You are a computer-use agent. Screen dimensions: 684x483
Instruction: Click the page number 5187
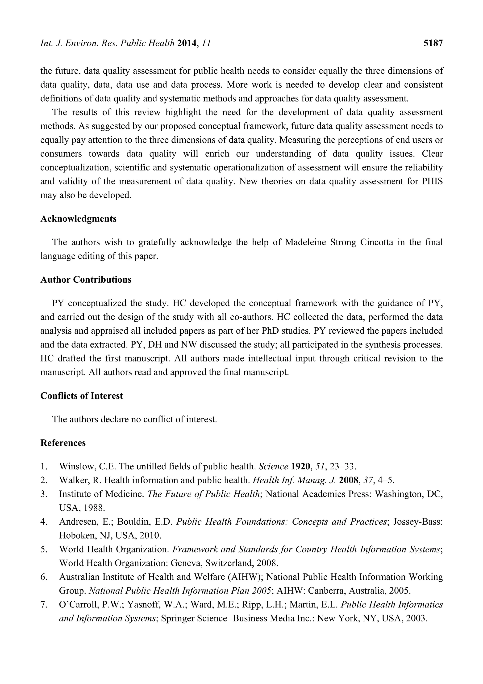(433, 43)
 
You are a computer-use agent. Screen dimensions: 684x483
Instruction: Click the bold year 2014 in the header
(187, 43)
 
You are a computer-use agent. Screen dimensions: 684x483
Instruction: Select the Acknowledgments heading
(78, 219)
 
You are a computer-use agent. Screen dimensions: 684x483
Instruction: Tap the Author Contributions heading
(86, 280)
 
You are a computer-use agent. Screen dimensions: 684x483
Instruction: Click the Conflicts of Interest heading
(82, 396)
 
